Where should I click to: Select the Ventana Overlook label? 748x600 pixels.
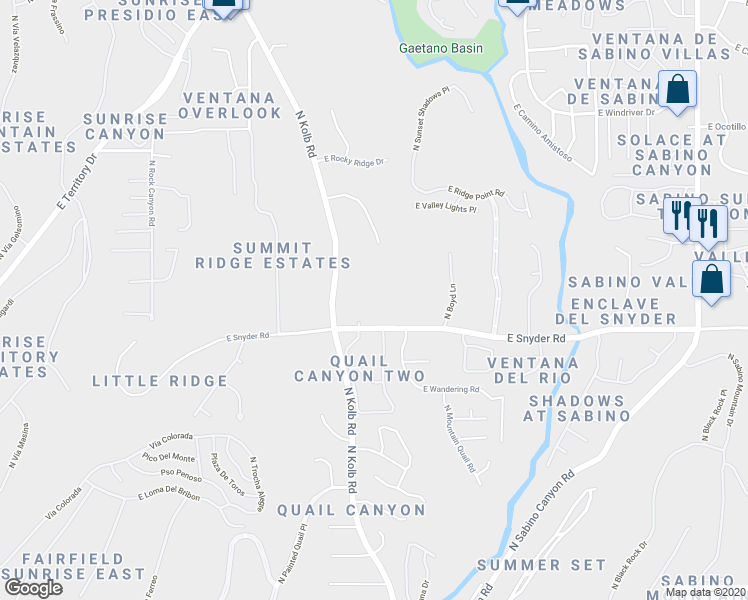[230, 105]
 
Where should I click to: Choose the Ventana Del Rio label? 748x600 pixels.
[528, 369]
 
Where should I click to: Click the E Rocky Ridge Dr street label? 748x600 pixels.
[354, 160]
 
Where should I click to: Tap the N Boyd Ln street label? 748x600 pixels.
[450, 302]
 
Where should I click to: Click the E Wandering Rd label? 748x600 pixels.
[451, 389]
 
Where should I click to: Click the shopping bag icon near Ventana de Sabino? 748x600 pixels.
[678, 90]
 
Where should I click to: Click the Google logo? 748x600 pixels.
[33, 587]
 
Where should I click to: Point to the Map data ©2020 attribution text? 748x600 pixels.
[705, 592]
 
